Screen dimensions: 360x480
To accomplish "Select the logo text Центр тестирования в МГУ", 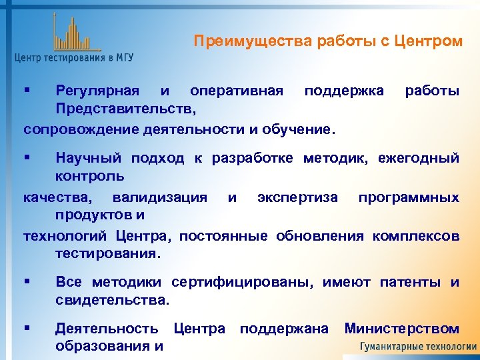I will click(74, 58).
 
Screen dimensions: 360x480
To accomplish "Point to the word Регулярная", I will click(97, 90).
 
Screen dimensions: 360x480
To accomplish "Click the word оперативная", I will click(236, 90).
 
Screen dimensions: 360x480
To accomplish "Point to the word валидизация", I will click(159, 198).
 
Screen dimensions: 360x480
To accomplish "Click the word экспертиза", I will click(297, 198).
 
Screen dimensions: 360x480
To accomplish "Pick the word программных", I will click(409, 198).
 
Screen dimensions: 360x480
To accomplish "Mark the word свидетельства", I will click(112, 301).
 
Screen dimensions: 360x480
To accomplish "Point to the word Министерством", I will click(401, 329).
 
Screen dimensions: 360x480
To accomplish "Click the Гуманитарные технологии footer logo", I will click(418, 347).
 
